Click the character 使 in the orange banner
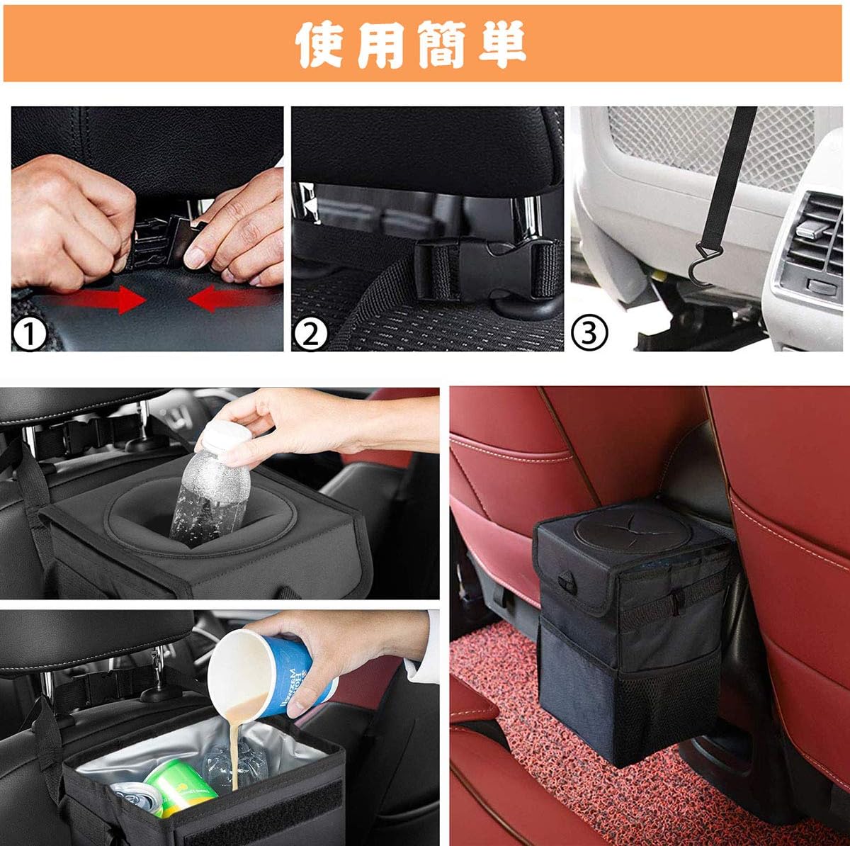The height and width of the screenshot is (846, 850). (322, 44)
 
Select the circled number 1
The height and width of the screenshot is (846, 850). (30, 334)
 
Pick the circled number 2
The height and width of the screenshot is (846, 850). (310, 334)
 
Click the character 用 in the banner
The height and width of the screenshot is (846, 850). (382, 44)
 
